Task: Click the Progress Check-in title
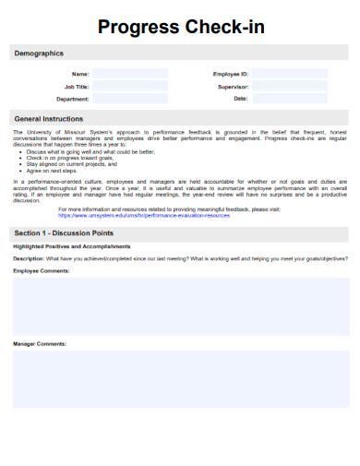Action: click(x=180, y=27)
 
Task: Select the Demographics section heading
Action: click(x=39, y=54)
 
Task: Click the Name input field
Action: click(x=129, y=74)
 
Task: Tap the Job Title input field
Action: click(x=129, y=86)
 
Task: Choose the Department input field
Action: click(x=129, y=98)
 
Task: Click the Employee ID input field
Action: click(x=289, y=74)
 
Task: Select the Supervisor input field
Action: click(x=289, y=86)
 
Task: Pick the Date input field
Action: click(x=289, y=98)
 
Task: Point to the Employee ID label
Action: click(x=230, y=74)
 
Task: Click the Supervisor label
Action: click(x=232, y=86)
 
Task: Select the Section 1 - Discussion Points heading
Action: click(x=65, y=233)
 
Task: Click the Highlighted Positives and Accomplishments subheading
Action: click(x=72, y=246)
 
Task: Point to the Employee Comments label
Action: click(x=42, y=270)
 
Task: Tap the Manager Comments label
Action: click(x=40, y=343)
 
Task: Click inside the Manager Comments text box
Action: click(x=180, y=378)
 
